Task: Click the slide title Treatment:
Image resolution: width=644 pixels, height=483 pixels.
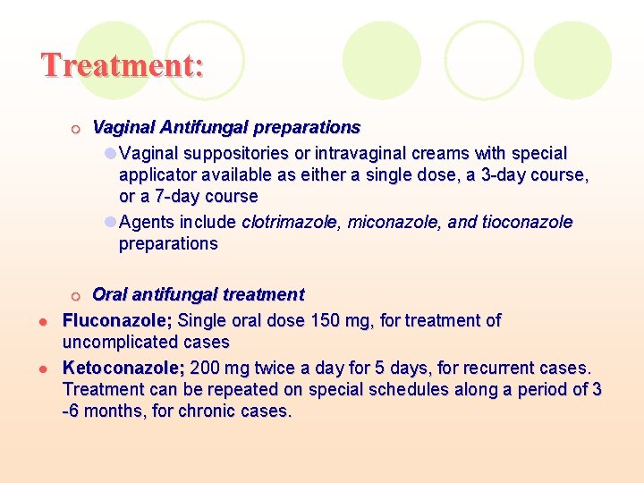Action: [x=123, y=65]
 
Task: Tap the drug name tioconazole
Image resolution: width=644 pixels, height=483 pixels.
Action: [x=528, y=222]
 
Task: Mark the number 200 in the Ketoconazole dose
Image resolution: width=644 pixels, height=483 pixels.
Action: [x=204, y=369]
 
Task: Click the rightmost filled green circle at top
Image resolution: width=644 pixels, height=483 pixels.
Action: [x=572, y=60]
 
